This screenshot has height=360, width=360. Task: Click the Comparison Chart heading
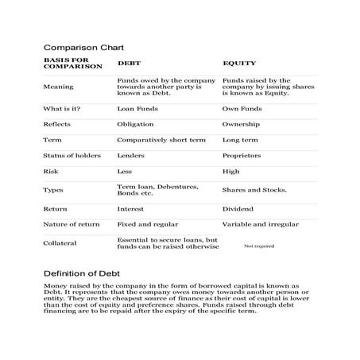point(83,48)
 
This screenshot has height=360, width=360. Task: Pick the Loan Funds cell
point(136,108)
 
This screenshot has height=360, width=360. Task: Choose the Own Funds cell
point(242,108)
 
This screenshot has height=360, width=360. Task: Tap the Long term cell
point(240,139)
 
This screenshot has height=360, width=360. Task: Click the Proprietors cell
point(243,155)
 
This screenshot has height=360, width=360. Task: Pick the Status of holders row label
point(72,155)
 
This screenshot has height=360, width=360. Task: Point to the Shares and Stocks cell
point(254,190)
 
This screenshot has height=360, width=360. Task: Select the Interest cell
point(131,209)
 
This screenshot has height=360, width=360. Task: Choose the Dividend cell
point(240,209)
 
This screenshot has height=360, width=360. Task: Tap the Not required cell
point(258,246)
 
